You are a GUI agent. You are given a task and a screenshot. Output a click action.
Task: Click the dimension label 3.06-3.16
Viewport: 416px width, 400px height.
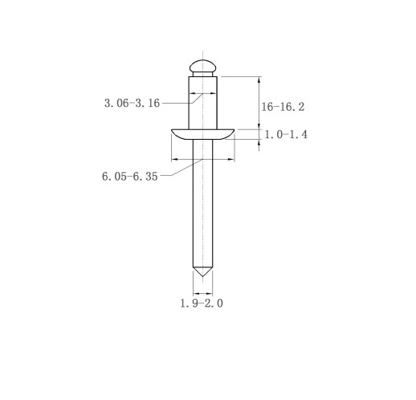(132, 103)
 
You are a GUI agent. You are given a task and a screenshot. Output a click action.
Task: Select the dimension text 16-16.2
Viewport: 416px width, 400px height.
(283, 107)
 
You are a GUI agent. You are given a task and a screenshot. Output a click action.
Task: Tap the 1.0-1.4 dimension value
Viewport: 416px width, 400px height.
(286, 134)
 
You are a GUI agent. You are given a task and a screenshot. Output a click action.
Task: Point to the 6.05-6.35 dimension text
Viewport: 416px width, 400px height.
(130, 177)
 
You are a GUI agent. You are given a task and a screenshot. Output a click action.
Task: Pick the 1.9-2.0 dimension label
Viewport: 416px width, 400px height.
(202, 304)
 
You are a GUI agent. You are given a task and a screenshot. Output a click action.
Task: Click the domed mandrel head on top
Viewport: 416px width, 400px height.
(203, 66)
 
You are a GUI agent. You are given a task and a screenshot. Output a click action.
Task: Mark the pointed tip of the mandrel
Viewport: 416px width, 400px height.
(203, 276)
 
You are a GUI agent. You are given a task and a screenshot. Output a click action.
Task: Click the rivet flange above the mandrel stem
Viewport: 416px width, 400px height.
(203, 134)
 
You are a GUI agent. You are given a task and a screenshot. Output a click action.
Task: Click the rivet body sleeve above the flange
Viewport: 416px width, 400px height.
(203, 103)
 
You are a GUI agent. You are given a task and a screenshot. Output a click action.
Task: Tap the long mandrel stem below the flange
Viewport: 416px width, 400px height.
(203, 203)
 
